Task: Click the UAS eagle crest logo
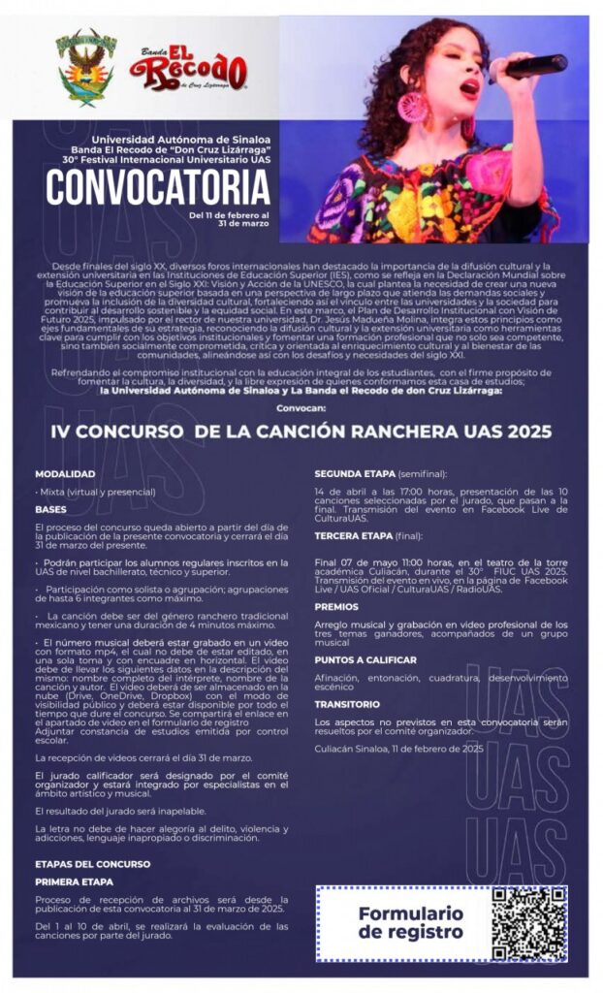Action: pyautogui.click(x=86, y=68)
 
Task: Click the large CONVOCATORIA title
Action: pyautogui.click(x=158, y=184)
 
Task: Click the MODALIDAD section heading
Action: pyautogui.click(x=65, y=474)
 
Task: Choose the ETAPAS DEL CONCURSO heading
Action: pyautogui.click(x=92, y=862)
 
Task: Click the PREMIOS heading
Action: pyautogui.click(x=336, y=606)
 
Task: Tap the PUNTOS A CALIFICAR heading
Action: pyautogui.click(x=365, y=659)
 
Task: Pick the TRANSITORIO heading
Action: pyautogui.click(x=347, y=704)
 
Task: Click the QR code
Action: pyautogui.click(x=528, y=923)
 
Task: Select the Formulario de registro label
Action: pyautogui.click(x=410, y=922)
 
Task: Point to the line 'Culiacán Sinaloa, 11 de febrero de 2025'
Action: pyautogui.click(x=398, y=749)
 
